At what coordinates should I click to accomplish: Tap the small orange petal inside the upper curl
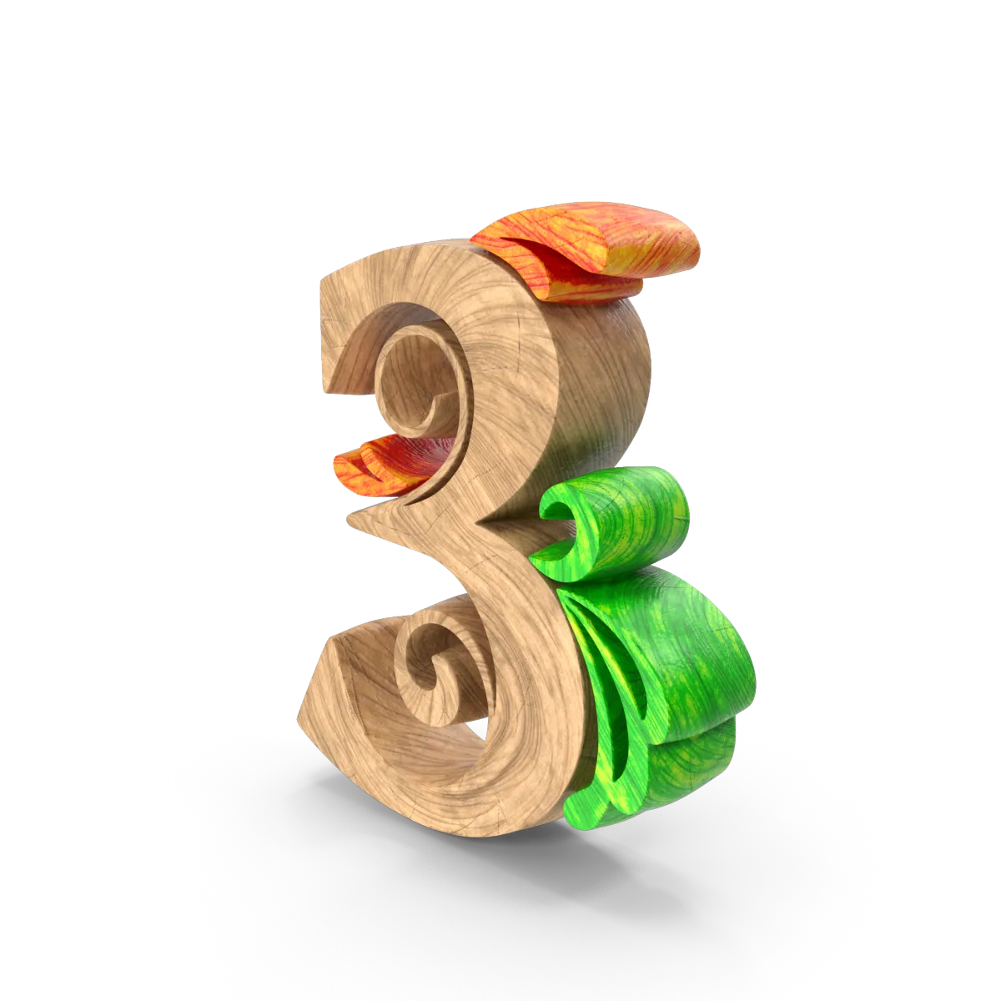coord(389,462)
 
